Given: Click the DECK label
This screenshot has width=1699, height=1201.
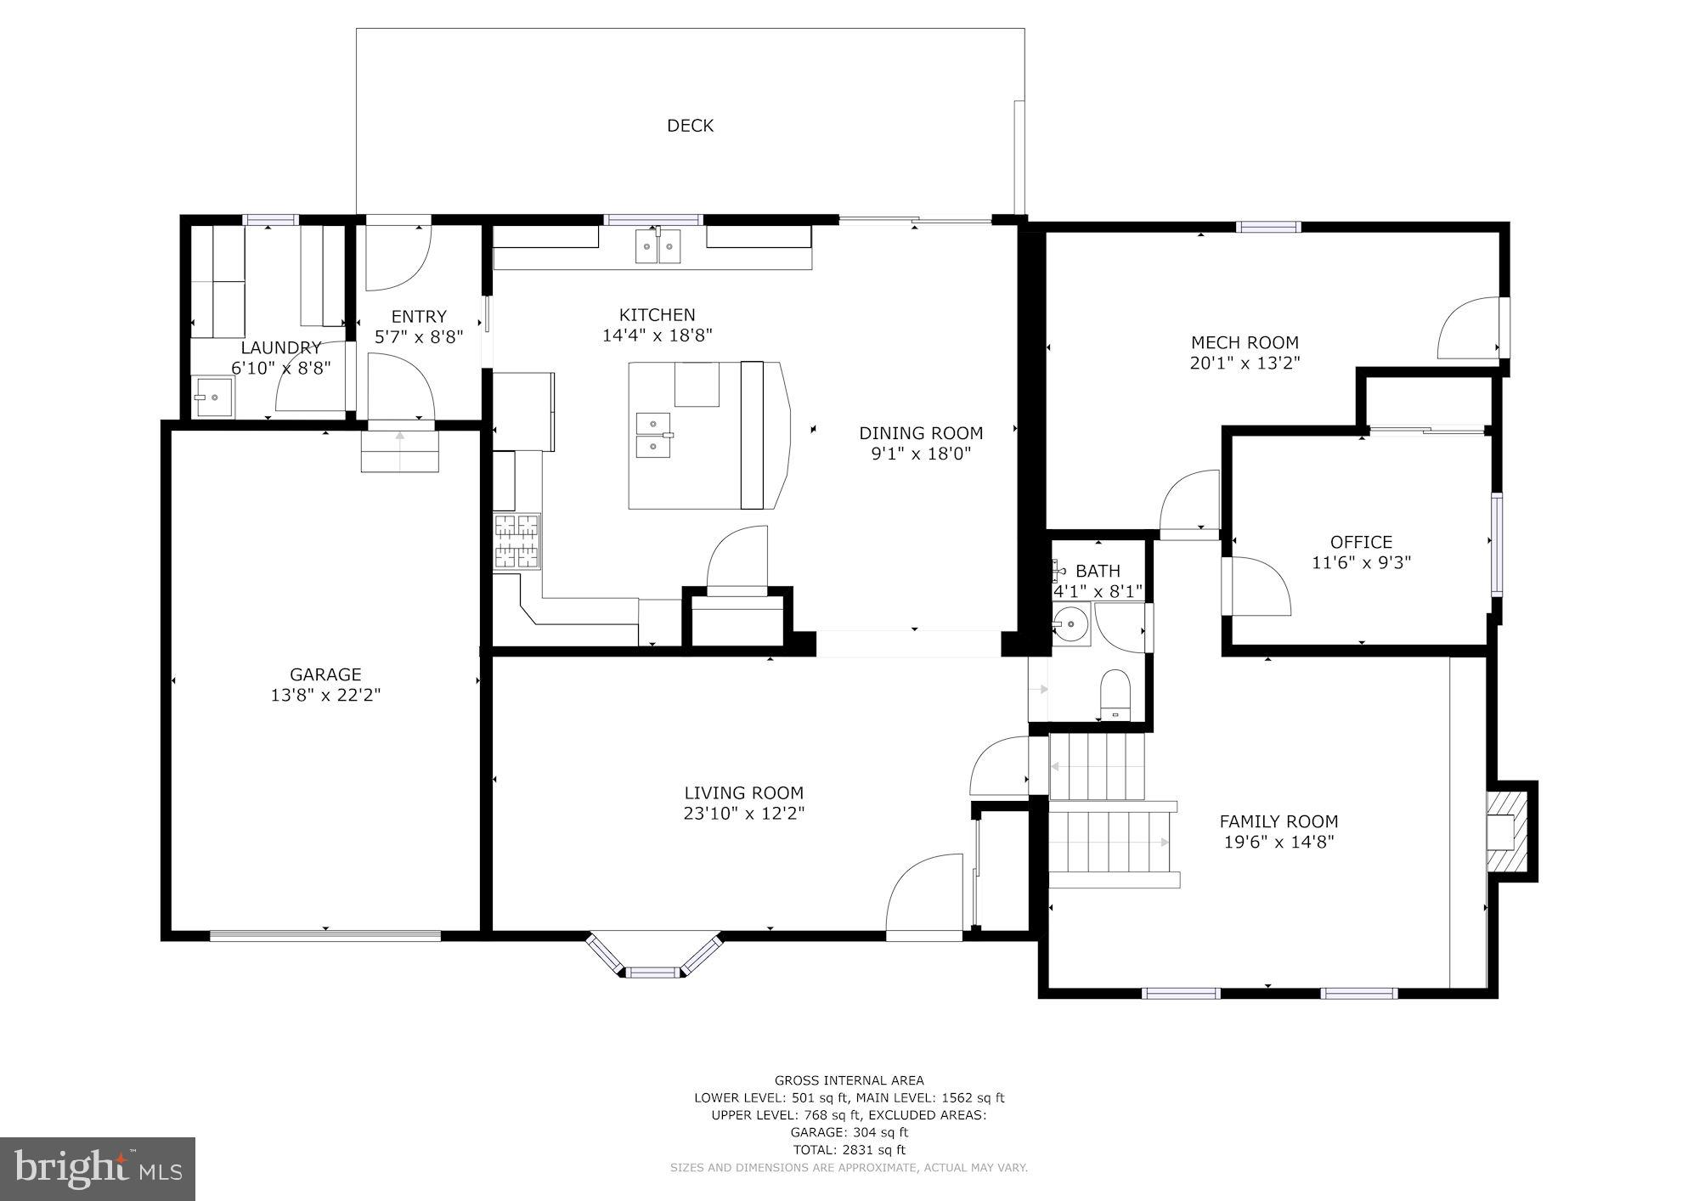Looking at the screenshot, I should (690, 126).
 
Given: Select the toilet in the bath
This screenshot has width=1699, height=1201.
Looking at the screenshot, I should (1115, 694).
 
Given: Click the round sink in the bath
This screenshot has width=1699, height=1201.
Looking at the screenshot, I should (1070, 626).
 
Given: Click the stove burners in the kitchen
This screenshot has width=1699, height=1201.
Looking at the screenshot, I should (516, 541).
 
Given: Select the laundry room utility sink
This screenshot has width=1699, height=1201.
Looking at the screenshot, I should (213, 397).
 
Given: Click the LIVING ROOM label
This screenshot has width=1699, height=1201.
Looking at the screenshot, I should (743, 792).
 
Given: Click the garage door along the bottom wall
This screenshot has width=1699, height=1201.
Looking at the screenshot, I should (325, 936).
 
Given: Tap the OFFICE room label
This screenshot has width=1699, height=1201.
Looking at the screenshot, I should (1361, 542).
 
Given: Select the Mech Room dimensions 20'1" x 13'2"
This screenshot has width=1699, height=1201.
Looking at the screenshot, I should (1245, 364).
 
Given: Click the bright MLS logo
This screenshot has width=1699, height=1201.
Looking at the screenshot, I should (98, 1169).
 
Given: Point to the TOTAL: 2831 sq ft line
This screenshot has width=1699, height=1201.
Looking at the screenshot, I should (849, 1150).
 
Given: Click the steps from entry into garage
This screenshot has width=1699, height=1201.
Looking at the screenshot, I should (399, 451).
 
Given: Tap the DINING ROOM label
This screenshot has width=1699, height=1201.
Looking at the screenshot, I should (921, 433).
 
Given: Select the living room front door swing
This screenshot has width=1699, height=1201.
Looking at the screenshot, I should (924, 896).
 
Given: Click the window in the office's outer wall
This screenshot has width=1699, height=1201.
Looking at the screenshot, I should (1496, 544).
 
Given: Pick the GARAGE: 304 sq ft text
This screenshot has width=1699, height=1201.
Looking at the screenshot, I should (849, 1132).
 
